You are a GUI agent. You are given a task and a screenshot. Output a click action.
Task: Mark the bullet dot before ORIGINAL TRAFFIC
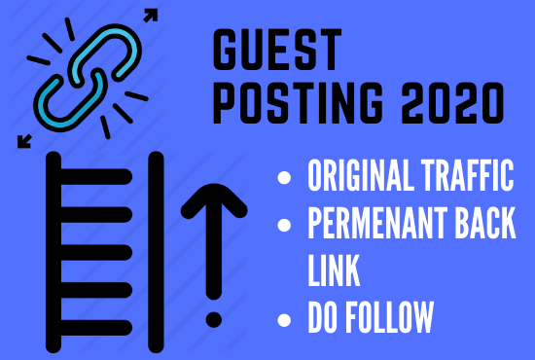(x=284, y=179)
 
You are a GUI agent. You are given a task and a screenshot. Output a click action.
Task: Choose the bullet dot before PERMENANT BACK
(x=284, y=226)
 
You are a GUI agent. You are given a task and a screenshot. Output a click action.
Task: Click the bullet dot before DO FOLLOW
(x=284, y=317)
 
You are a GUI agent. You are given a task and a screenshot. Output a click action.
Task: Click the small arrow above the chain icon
(x=151, y=17)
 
